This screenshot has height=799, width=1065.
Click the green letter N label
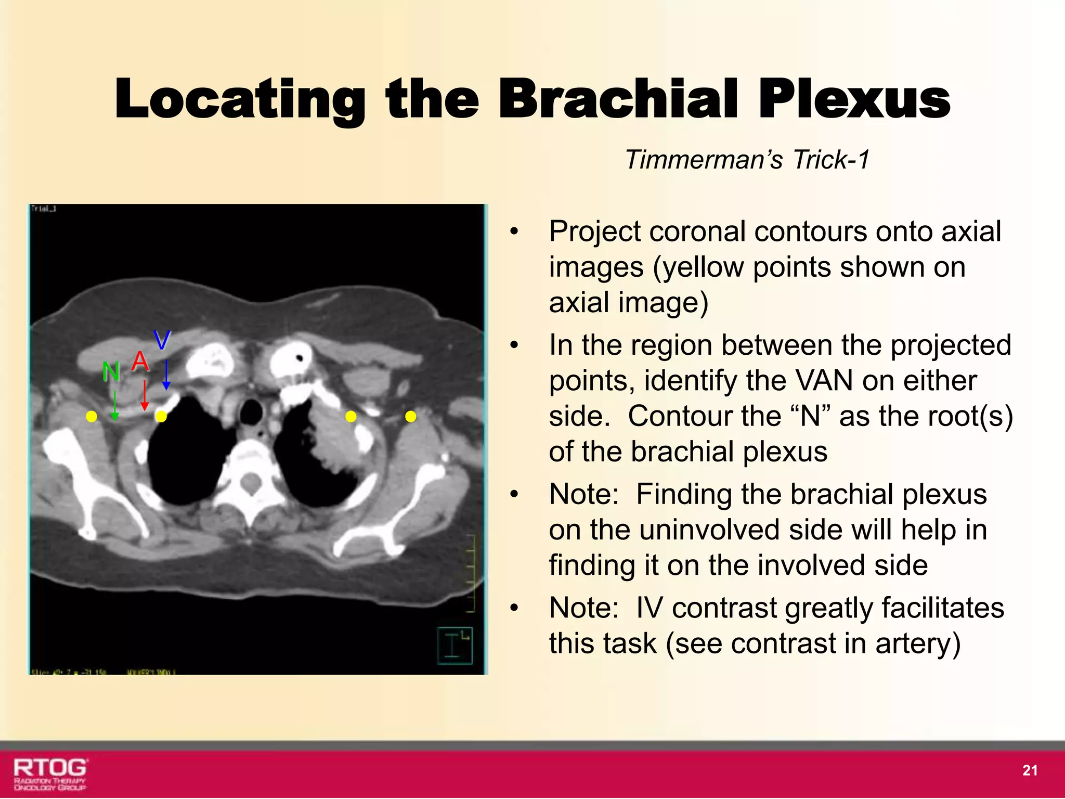click(111, 371)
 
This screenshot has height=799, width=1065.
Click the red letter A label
click(140, 360)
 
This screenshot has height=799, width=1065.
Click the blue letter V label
click(162, 341)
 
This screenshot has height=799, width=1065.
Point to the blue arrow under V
click(166, 375)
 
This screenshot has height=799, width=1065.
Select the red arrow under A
click(145, 395)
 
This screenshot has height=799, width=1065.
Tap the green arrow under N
click(115, 406)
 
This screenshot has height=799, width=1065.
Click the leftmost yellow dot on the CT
click(92, 416)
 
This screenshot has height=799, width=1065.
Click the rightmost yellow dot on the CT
click(411, 416)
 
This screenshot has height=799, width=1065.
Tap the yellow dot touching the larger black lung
click(161, 416)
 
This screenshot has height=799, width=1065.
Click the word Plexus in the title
click(853, 99)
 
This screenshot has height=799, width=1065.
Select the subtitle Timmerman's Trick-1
click(747, 159)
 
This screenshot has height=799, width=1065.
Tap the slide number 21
click(1030, 770)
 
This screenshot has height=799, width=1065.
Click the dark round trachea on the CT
click(252, 412)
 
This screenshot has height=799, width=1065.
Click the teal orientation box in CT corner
click(454, 646)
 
